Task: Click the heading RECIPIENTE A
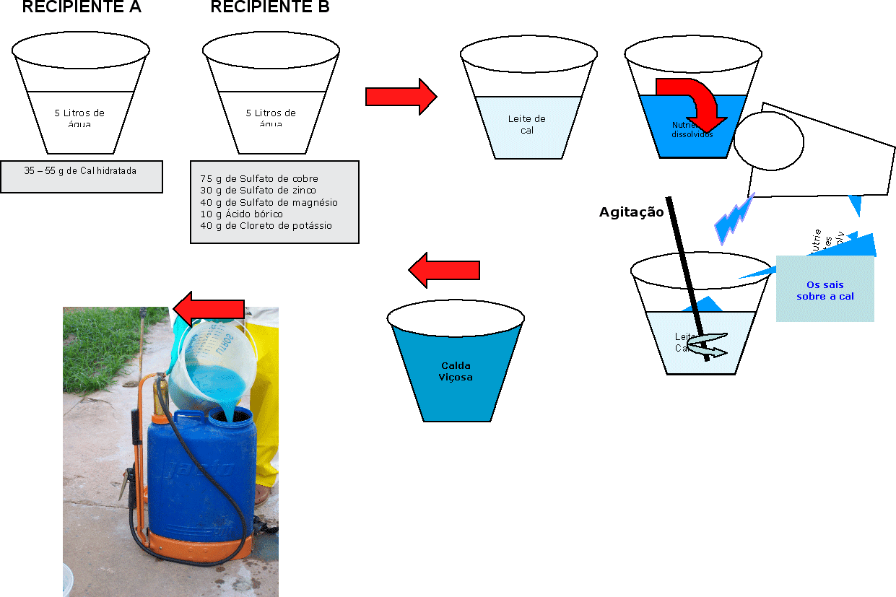(82, 7)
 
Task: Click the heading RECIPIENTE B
(269, 7)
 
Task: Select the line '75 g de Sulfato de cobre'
(259, 178)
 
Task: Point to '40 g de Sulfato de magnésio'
(269, 202)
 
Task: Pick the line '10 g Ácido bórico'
(241, 214)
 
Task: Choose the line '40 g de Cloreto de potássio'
(266, 226)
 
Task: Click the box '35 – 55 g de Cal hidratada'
(81, 171)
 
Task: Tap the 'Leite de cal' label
(527, 124)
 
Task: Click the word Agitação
(631, 212)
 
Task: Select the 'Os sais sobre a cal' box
(825, 290)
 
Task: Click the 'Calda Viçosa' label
(456, 371)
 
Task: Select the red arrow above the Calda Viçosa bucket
(444, 271)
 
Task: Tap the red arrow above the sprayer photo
(209, 310)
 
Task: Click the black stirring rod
(687, 274)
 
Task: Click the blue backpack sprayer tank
(201, 476)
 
